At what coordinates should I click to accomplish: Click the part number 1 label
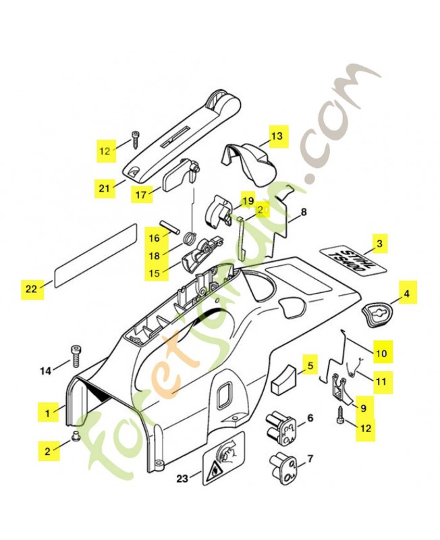[x=48, y=410]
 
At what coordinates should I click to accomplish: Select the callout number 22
[x=31, y=288]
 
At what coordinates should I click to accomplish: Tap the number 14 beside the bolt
[x=45, y=370]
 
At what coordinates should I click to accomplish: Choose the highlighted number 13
[x=277, y=136]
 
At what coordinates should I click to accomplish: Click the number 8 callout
[x=304, y=212]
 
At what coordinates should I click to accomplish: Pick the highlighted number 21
[x=103, y=189]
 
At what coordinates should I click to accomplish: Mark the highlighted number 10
[x=381, y=352]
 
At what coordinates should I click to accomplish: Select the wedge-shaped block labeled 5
[x=284, y=379]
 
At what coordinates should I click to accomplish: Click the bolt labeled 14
[x=76, y=356]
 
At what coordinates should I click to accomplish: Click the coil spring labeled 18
[x=190, y=238]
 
